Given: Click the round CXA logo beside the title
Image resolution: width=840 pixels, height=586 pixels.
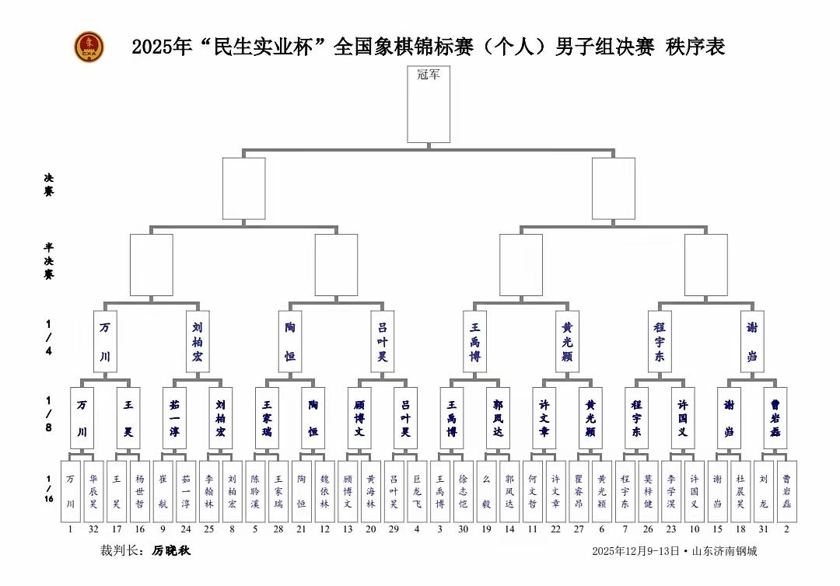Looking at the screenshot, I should (88, 47).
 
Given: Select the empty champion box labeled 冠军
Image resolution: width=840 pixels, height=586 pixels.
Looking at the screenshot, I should (429, 104).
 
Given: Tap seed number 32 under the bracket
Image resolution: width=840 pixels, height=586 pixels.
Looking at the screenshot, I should (93, 530).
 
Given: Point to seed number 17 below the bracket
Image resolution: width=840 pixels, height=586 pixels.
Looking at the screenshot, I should (117, 530).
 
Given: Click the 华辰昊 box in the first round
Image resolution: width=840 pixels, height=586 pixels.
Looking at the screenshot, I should (93, 492).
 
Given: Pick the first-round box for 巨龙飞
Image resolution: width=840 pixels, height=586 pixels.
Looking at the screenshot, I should (417, 492).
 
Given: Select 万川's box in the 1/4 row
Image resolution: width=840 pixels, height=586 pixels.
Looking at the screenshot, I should (105, 342).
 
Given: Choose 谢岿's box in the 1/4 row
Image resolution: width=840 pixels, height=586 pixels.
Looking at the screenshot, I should (752, 342).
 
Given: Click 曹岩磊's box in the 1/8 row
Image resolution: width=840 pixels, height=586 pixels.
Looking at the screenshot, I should (775, 417).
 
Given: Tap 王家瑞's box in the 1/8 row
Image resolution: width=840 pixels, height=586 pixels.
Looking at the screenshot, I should (267, 417).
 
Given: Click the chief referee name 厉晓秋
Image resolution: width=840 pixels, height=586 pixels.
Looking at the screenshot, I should (171, 551).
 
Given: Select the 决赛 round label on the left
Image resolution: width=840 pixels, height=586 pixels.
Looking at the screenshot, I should (48, 184).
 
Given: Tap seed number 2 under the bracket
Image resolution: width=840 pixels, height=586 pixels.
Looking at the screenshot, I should (786, 530).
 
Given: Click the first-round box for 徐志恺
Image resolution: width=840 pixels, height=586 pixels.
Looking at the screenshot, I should (464, 492).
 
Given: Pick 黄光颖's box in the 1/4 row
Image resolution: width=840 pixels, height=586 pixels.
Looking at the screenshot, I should (567, 342).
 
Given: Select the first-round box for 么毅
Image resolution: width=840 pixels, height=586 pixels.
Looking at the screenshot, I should (486, 492).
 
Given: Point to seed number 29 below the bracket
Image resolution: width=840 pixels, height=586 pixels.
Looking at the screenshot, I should (394, 530).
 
